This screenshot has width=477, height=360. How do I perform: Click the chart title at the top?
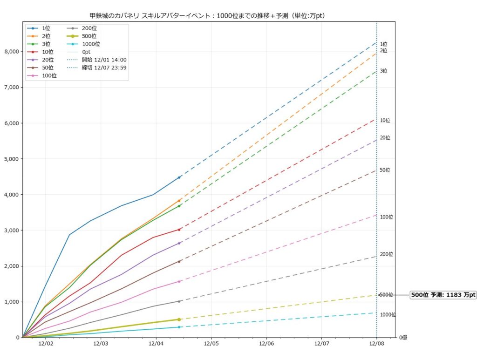point(207,16)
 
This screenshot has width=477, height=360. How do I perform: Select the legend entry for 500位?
point(89,36)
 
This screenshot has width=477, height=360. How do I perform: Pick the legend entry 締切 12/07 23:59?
point(104,68)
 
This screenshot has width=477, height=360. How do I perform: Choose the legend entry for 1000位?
point(90,44)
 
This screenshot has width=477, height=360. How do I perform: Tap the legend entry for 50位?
point(48,68)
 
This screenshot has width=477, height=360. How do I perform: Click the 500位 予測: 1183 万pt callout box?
point(443,295)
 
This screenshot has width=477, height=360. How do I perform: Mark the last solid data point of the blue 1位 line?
point(179,177)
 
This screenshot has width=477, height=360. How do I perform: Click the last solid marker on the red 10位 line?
point(179,229)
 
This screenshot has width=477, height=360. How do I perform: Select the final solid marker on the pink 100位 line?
point(179,281)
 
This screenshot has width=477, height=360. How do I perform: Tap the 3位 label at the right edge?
point(383,71)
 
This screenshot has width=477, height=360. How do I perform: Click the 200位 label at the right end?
point(386,254)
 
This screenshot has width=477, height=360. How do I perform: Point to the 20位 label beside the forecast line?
point(385,137)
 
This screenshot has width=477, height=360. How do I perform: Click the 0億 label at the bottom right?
point(402,337)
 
